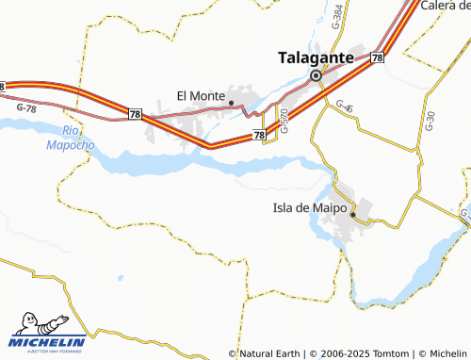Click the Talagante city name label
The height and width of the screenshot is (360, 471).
316,57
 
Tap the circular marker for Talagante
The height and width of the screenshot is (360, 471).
316,74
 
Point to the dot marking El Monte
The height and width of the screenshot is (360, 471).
232,103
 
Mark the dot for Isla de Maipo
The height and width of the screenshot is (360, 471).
353,215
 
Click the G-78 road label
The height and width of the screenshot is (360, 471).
27,109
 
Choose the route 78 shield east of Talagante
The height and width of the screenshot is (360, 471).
377,58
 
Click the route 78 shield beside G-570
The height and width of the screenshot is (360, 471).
260,137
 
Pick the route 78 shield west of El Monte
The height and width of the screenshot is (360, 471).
135,113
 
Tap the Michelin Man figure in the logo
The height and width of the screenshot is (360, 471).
22,322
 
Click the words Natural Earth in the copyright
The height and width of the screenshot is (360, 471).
273,353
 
